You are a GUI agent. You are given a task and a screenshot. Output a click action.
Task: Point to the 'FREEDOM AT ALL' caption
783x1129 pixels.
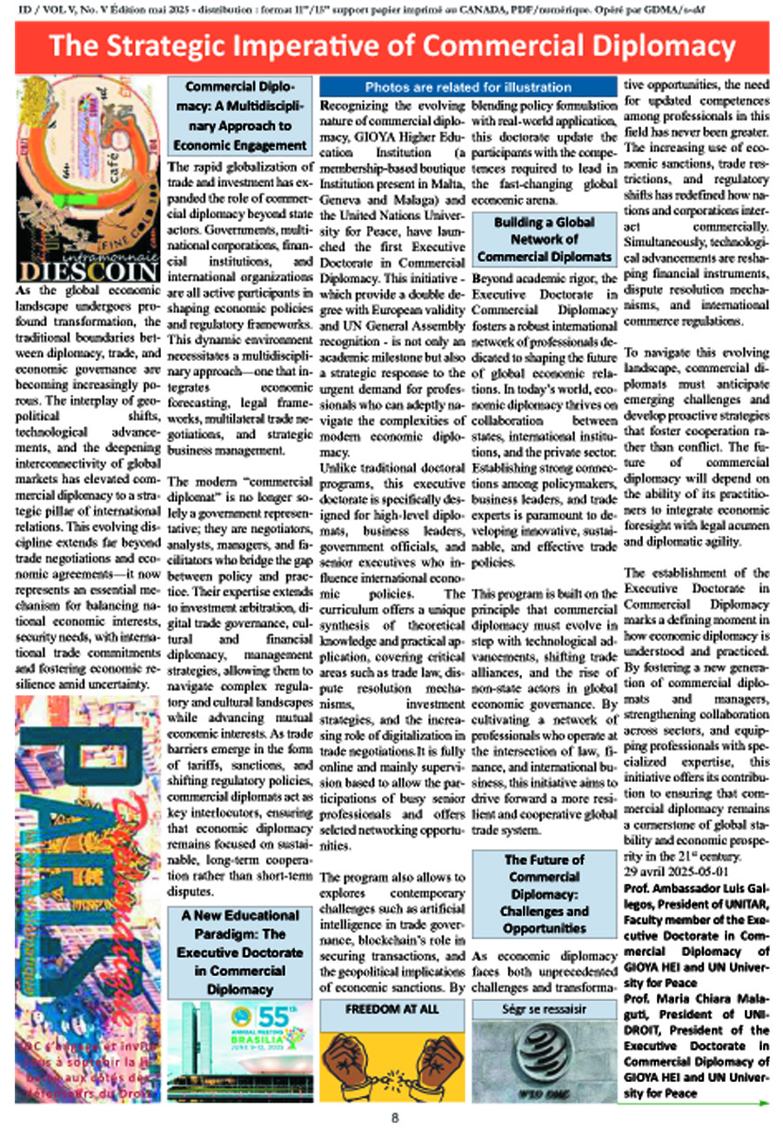click(x=389, y=1010)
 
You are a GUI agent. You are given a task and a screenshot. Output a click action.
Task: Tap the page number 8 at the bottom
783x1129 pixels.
click(x=394, y=1118)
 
